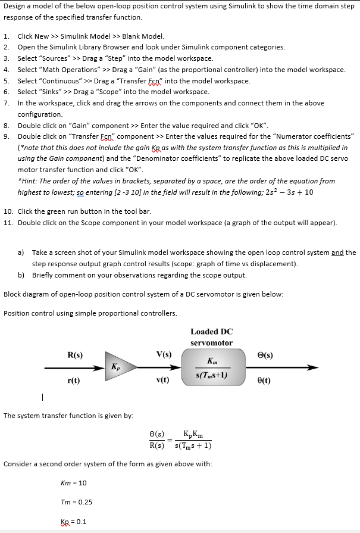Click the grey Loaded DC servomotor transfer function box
[212, 367]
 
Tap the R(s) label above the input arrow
[75, 356]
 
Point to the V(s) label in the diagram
[163, 356]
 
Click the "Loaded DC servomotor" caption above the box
[212, 337]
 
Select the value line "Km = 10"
[74, 482]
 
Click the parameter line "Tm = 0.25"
[76, 502]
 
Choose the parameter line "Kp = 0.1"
[74, 522]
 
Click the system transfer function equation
[180, 440]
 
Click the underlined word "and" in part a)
[338, 253]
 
